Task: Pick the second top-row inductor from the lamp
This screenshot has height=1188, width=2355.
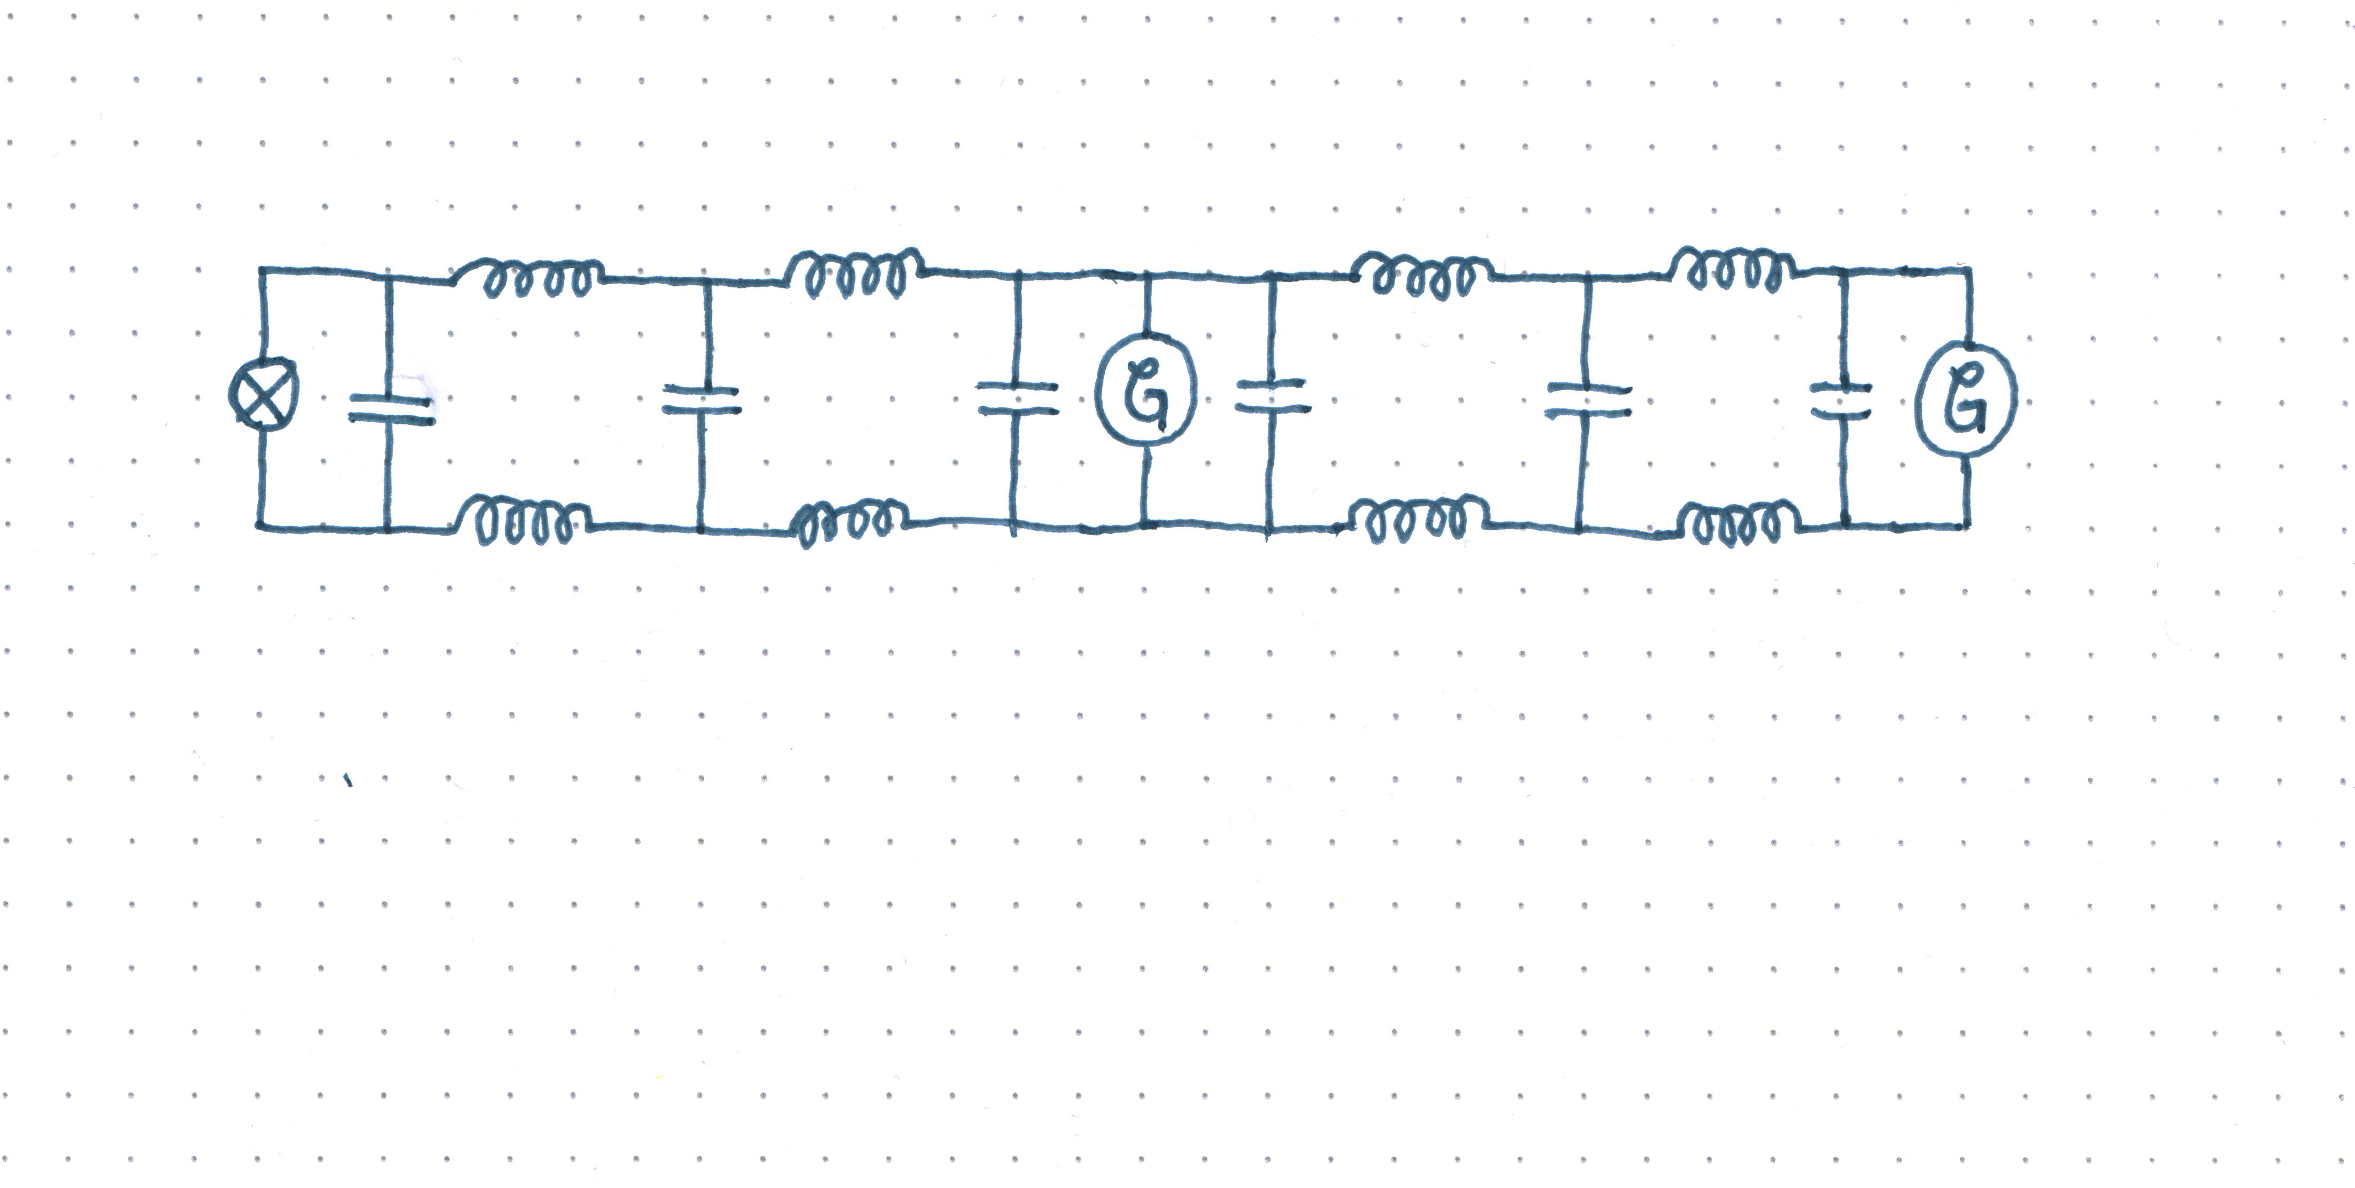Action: click(x=855, y=272)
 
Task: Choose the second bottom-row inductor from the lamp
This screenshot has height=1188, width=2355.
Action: click(x=850, y=524)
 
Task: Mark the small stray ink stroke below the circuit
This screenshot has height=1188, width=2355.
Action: click(x=348, y=780)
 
